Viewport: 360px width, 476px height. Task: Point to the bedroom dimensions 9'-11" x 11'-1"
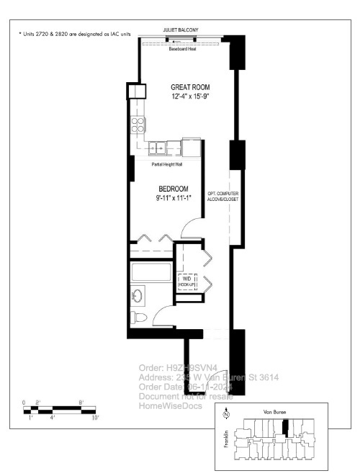pos(173,198)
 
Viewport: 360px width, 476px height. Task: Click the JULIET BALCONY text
pos(180,30)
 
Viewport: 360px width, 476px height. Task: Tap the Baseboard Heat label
pos(182,50)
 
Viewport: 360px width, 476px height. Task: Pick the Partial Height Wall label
pos(167,164)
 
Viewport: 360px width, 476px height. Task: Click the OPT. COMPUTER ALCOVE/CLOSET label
pos(222,197)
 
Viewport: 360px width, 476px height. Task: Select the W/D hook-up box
pos(186,282)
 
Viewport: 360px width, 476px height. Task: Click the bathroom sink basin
pos(138,295)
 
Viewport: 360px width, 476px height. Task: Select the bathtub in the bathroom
pos(152,274)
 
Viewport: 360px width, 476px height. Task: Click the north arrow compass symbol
pos(226,414)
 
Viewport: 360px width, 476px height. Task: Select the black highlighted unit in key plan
pos(285,428)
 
